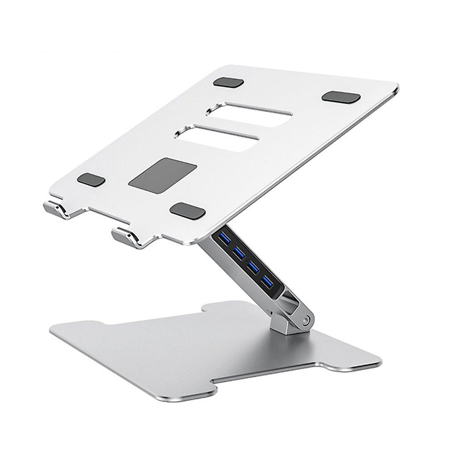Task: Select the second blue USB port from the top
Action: click(238, 251)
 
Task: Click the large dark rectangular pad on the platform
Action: click(163, 174)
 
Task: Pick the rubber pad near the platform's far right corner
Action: click(341, 97)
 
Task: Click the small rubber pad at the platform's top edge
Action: click(229, 83)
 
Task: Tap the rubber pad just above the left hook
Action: click(91, 180)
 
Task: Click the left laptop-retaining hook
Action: click(57, 209)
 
